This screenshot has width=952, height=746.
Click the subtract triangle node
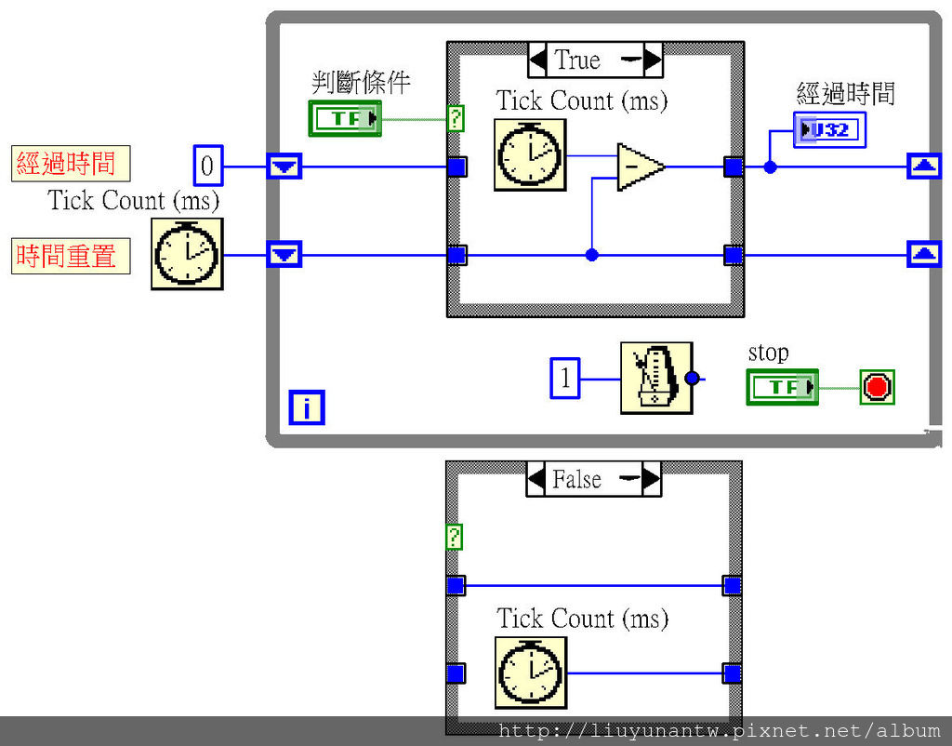tap(639, 167)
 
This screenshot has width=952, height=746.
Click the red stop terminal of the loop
tap(877, 386)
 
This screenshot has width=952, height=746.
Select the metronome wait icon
tap(656, 378)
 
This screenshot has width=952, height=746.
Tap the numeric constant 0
tap(208, 167)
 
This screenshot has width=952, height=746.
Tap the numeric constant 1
tap(565, 379)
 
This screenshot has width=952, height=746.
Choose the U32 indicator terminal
tap(829, 130)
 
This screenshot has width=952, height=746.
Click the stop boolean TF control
tap(782, 386)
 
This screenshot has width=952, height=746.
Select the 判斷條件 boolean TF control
tap(345, 118)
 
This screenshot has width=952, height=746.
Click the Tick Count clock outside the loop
tap(187, 253)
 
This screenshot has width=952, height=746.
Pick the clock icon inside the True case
tap(530, 154)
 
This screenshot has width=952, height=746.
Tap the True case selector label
tap(577, 60)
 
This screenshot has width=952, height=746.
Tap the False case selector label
tap(576, 479)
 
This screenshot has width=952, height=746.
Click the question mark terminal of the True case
tap(456, 118)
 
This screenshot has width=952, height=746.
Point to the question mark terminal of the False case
tap(454, 537)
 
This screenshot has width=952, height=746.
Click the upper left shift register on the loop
tap(284, 167)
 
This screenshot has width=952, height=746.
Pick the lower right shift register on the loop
tap(922, 253)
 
